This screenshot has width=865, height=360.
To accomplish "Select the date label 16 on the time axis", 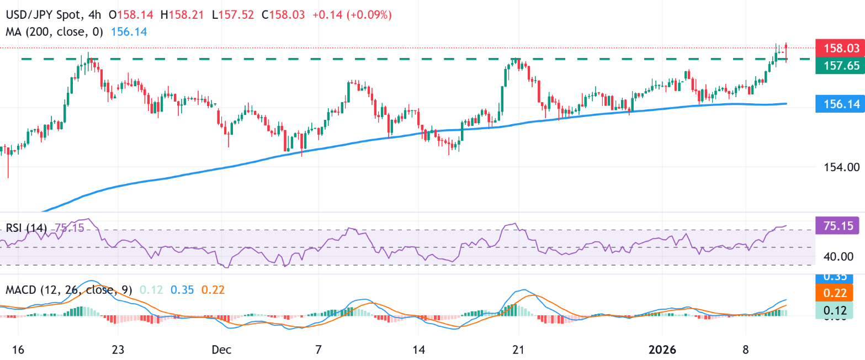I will coord(18,350).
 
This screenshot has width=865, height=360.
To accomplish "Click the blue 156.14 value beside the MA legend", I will coord(129,32).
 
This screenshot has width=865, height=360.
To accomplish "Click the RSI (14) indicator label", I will coord(26,228).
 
